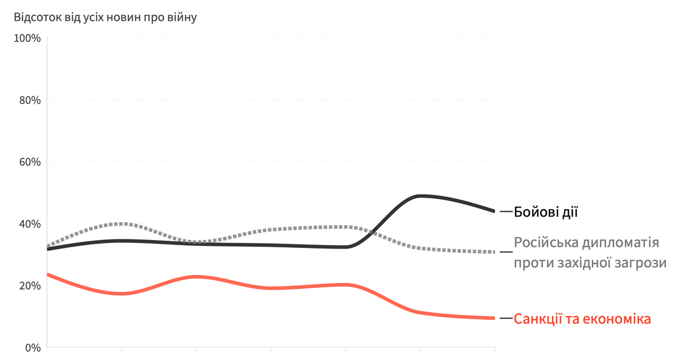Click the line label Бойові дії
[x=546, y=212]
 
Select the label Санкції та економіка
[x=582, y=319]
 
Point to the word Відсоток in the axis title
[x=38, y=17]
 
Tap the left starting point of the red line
[x=47, y=275]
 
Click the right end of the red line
[x=494, y=318]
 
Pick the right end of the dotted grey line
[x=494, y=252]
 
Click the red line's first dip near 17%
[x=121, y=294]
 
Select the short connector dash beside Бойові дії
[x=505, y=212]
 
